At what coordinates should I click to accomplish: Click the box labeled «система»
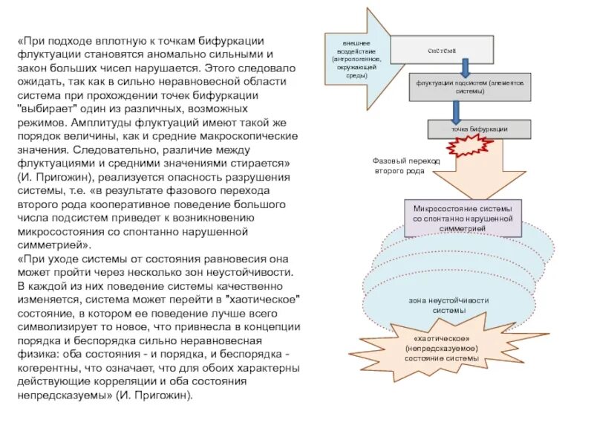(x=442, y=50)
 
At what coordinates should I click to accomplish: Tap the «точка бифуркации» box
(x=480, y=129)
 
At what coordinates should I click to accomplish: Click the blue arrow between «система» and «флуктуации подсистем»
(x=465, y=68)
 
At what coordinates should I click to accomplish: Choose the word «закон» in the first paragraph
(x=33, y=68)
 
